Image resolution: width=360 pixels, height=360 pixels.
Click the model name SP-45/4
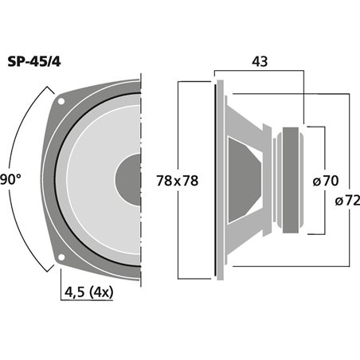tap(34, 62)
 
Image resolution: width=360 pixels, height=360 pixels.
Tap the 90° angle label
tap(10, 179)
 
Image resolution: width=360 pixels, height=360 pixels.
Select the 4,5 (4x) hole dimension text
tap(89, 292)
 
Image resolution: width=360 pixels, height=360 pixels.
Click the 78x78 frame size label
tap(177, 181)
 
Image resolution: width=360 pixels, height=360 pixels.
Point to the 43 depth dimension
tap(260, 61)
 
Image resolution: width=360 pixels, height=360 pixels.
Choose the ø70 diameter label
tap(326, 181)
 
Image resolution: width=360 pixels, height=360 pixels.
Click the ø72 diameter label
tap(347, 200)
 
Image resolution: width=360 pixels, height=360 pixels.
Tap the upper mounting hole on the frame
tap(61, 101)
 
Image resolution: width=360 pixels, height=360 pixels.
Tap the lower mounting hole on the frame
tap(61, 257)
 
